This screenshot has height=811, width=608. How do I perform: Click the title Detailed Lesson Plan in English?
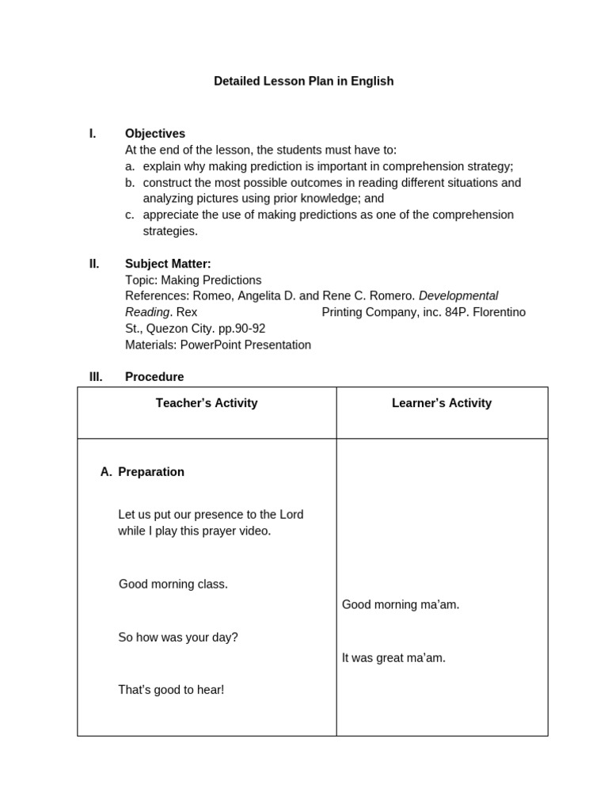[303, 81]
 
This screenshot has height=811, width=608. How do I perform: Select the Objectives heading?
[155, 134]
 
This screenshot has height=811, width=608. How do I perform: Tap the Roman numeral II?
[94, 264]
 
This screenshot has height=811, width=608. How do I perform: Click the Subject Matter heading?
[168, 264]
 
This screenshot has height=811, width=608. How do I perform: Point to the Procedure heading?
[154, 377]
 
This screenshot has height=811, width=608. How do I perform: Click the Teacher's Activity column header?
[207, 403]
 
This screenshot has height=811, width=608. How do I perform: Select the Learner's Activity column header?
[442, 403]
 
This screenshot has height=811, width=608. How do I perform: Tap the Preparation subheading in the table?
[150, 472]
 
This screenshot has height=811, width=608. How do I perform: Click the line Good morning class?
[173, 584]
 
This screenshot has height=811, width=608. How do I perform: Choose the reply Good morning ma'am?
[401, 605]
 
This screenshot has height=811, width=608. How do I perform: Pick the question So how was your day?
[178, 638]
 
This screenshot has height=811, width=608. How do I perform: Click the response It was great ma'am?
[393, 658]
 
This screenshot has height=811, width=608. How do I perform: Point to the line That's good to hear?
[171, 690]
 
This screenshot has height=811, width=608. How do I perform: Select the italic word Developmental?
[458, 296]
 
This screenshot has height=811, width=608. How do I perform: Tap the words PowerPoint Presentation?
[245, 345]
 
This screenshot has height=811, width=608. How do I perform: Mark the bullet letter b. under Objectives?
[130, 183]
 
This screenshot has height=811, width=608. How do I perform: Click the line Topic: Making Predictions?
[193, 280]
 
